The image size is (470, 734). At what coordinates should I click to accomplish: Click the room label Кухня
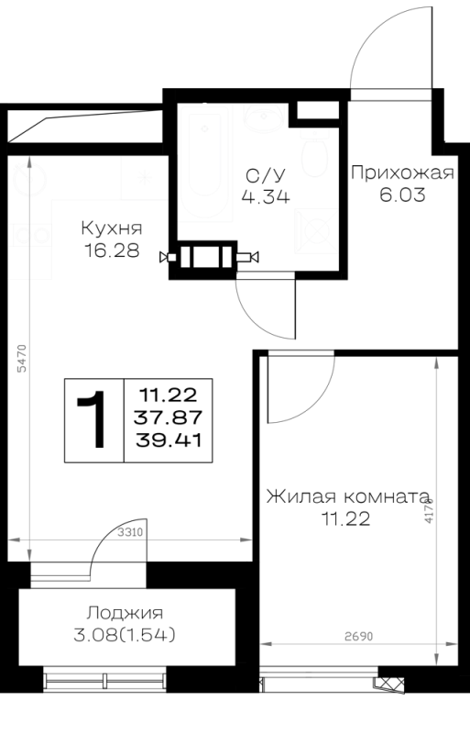click(112, 228)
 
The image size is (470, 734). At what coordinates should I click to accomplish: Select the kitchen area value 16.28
click(112, 250)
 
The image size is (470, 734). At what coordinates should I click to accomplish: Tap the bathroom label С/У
click(266, 175)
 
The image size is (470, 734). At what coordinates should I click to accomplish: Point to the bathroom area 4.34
click(266, 196)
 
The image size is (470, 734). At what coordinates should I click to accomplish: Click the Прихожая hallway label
click(402, 172)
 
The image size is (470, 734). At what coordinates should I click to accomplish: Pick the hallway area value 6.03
click(402, 195)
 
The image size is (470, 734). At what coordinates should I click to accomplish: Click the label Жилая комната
click(348, 496)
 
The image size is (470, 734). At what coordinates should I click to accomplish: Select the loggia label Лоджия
click(125, 613)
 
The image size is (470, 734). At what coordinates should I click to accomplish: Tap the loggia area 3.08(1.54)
click(125, 635)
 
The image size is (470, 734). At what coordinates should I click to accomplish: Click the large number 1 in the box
click(93, 420)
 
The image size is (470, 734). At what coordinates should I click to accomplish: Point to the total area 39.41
click(169, 440)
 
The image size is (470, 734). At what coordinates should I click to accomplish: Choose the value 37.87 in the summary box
click(169, 417)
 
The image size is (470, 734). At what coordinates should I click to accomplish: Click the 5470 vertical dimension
click(22, 358)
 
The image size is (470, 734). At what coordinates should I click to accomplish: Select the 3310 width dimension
click(129, 532)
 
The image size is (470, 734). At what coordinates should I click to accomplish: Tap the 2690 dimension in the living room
click(359, 637)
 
